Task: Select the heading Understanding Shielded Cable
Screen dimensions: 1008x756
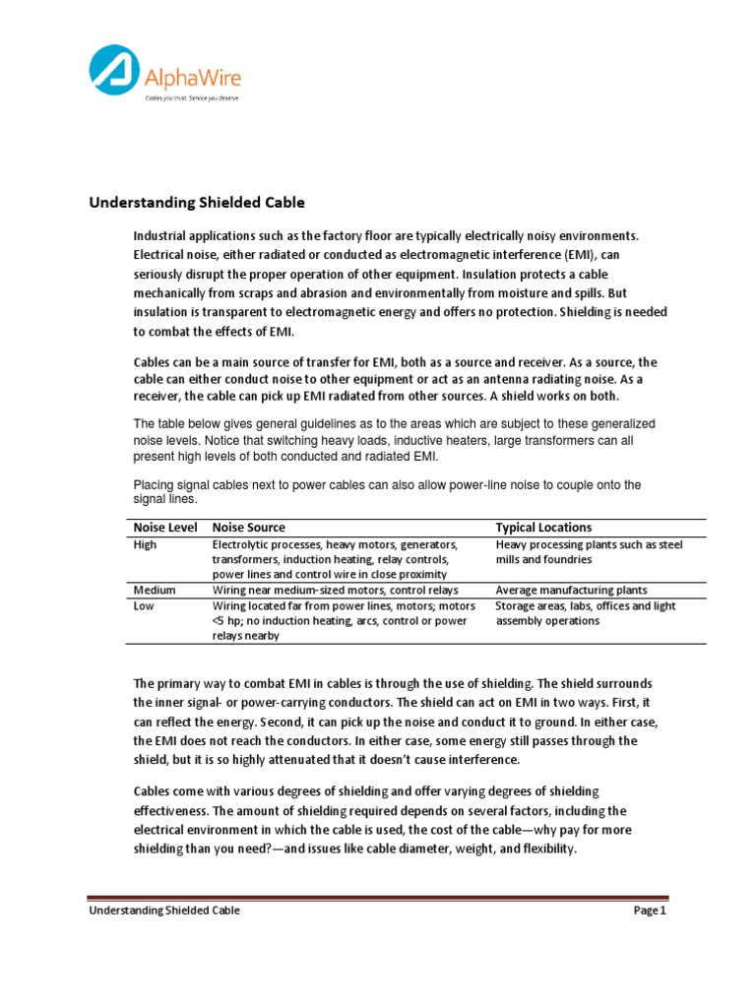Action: (x=197, y=204)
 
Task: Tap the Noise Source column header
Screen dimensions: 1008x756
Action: (x=249, y=528)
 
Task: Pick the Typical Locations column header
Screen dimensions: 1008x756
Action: (x=543, y=528)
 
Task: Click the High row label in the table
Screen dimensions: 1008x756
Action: (x=145, y=544)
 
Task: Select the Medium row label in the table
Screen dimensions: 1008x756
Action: (x=155, y=590)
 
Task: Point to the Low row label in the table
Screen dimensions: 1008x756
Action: (x=144, y=606)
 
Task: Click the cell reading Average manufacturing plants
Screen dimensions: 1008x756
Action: (x=567, y=590)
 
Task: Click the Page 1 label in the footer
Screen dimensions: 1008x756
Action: (x=650, y=911)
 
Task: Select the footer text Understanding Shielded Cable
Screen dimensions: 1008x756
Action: (x=164, y=911)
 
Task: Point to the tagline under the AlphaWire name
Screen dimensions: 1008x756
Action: (x=191, y=98)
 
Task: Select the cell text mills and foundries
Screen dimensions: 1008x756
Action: (x=530, y=559)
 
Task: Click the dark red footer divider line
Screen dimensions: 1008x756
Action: (x=378, y=898)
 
